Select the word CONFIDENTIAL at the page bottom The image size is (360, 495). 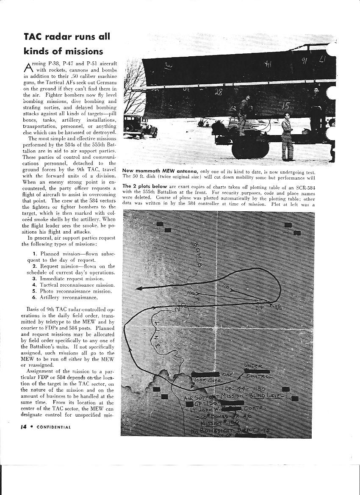tap(54, 427)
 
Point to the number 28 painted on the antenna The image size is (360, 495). tap(218, 92)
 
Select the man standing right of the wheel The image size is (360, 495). tap(288, 138)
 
